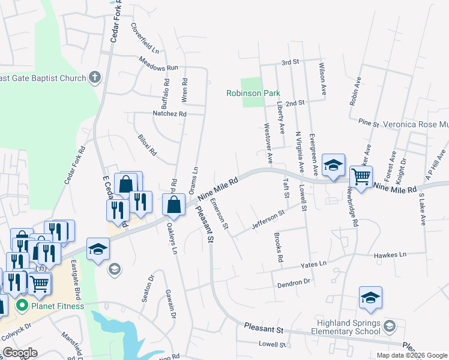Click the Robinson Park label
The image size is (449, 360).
pos(253,94)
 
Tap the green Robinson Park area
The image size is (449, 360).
pos(252,84)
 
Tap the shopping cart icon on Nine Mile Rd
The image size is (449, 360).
pos(361,177)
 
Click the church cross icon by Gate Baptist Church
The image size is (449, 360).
pos(95,77)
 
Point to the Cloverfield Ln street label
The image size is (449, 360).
pos(143,39)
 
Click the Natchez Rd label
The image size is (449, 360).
pos(170,113)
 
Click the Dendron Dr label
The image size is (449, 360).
pos(293,281)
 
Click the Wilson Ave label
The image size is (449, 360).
pos(323,79)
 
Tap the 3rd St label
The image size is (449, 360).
pos(290,62)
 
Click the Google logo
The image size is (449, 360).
pos(20,353)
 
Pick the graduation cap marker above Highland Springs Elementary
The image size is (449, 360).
pos(370,298)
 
